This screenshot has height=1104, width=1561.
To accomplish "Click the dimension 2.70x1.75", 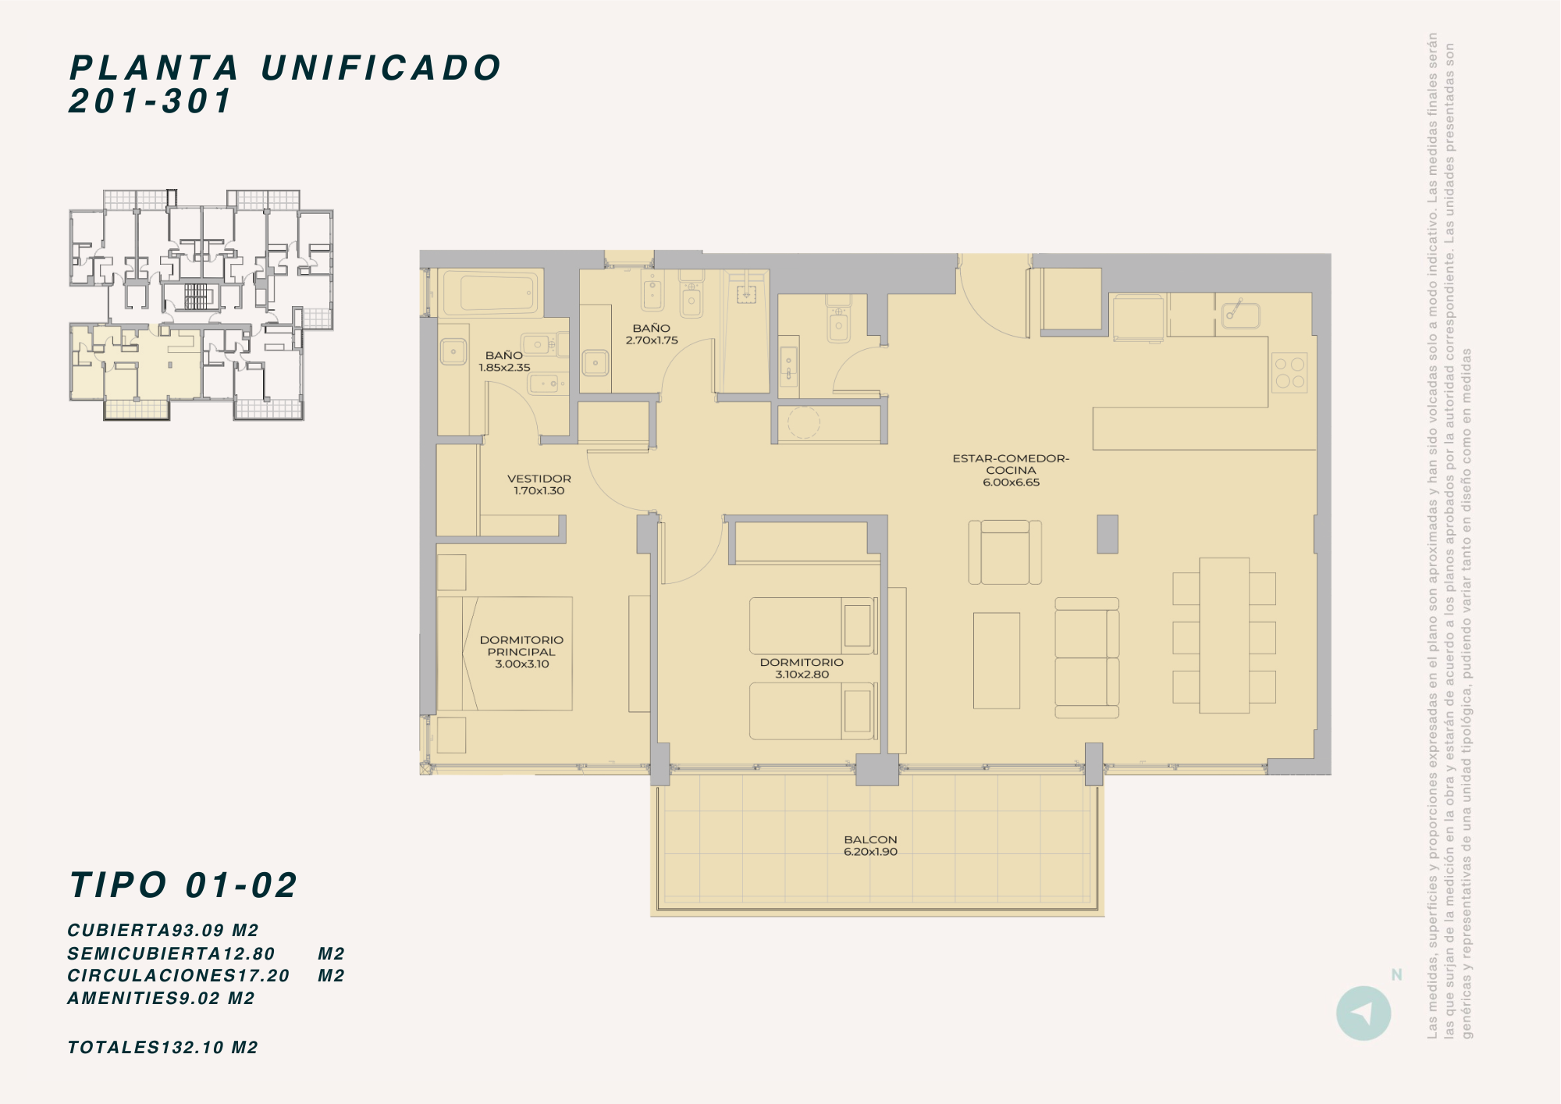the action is (x=652, y=340).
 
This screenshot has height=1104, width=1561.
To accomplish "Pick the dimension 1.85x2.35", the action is (x=504, y=368).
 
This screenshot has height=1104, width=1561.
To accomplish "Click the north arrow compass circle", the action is (x=1364, y=1013).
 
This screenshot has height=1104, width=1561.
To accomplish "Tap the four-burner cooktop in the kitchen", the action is (x=1289, y=372).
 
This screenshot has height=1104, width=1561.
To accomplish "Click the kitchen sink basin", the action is (x=1240, y=315).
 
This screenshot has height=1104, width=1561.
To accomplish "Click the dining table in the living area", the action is (x=1225, y=635).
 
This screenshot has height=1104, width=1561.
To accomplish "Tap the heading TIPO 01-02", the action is (x=184, y=885).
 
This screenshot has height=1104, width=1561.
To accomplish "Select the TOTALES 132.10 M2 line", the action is (x=163, y=1048).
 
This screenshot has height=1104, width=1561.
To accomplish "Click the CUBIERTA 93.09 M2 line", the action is (x=163, y=931).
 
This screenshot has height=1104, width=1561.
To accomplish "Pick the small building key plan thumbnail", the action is (x=201, y=304).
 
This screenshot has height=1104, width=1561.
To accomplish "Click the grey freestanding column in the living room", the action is (x=1108, y=534).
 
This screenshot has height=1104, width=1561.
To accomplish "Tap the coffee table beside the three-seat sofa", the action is (x=997, y=661).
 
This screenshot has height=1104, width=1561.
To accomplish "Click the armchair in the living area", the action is (x=1005, y=553).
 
